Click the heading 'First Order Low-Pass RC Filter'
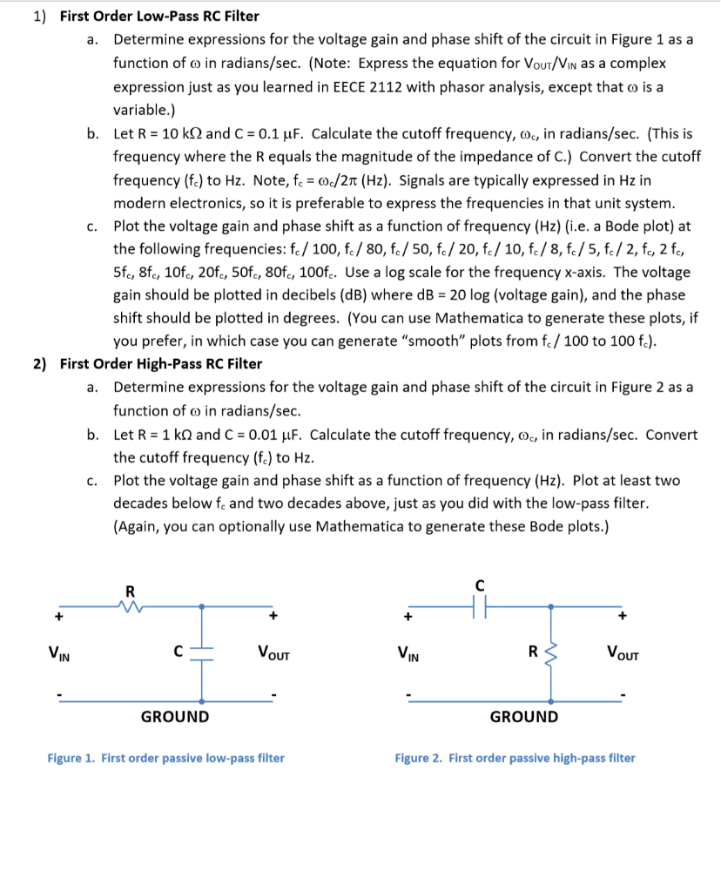coord(159,17)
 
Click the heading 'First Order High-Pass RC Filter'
coord(161,364)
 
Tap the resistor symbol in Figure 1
coord(131,606)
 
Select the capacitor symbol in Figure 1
coord(202,651)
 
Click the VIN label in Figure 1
coord(59,651)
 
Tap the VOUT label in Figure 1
coord(273,651)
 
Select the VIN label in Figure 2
coord(407,651)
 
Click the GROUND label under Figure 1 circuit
coord(175,717)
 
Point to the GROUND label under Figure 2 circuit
coord(524,717)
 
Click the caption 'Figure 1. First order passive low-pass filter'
coord(165,758)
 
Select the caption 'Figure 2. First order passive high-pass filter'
coord(515,758)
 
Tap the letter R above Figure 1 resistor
coord(131,590)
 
